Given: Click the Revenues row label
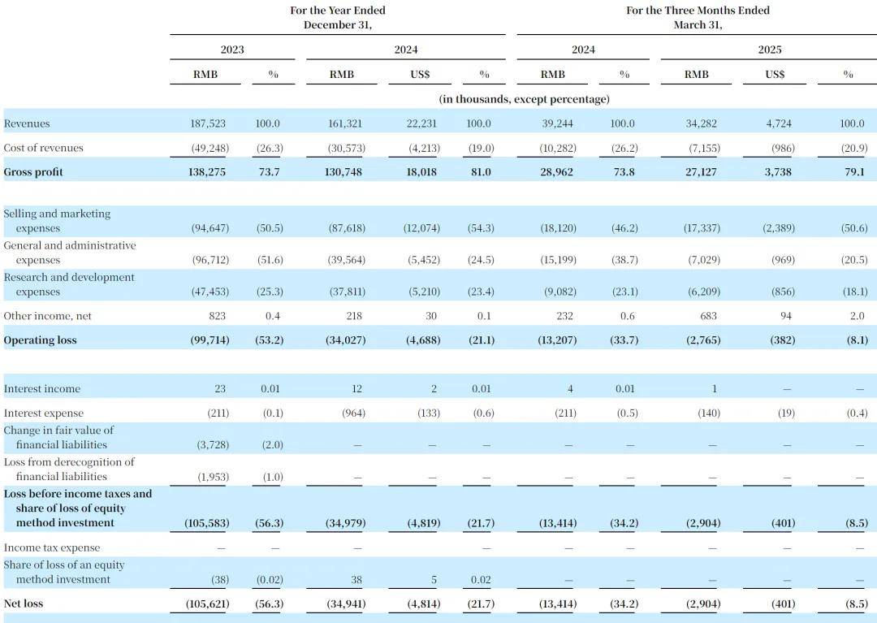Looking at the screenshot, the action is pyautogui.click(x=26, y=123).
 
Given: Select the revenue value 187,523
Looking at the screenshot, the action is pyautogui.click(x=208, y=123).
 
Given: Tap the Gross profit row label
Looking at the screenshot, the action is pyautogui.click(x=33, y=172).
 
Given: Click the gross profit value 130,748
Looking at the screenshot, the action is pyautogui.click(x=343, y=172).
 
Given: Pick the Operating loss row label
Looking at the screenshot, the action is pyautogui.click(x=40, y=340).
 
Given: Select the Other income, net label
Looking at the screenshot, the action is pyautogui.click(x=47, y=316).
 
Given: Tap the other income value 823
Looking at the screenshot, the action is pyautogui.click(x=217, y=316).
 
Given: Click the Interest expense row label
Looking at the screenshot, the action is pyautogui.click(x=43, y=413).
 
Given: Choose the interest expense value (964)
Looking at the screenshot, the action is pyautogui.click(x=353, y=413).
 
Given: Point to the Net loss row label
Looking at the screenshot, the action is pyautogui.click(x=23, y=604).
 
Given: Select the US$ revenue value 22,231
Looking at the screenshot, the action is pyautogui.click(x=421, y=123).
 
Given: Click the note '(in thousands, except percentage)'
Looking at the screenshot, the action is pyautogui.click(x=524, y=99).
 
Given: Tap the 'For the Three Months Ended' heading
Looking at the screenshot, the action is pyautogui.click(x=698, y=10).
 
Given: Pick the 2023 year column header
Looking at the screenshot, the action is pyautogui.click(x=232, y=50).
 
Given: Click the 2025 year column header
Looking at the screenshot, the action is pyautogui.click(x=769, y=50).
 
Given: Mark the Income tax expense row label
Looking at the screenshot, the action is pyautogui.click(x=51, y=548).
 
